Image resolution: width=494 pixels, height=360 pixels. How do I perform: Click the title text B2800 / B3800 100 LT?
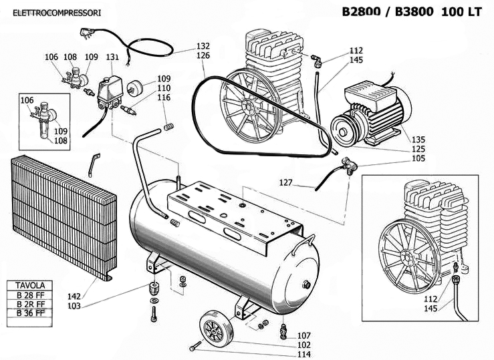click(x=411, y=12)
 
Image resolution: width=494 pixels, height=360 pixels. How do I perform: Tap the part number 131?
click(x=112, y=57)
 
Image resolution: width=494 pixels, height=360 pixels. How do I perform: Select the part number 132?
click(x=203, y=46)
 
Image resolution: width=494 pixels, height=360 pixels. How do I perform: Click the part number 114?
click(x=304, y=354)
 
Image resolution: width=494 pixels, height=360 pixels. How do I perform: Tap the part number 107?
click(x=304, y=335)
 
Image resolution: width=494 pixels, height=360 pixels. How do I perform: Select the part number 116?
click(x=164, y=98)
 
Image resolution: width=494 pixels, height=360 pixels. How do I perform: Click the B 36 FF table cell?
click(x=31, y=313)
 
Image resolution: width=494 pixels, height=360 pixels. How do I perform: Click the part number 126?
click(x=203, y=55)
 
